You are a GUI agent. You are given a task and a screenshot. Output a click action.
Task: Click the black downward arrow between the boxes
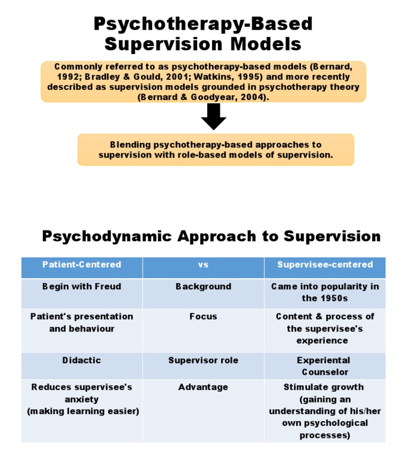[x=214, y=116]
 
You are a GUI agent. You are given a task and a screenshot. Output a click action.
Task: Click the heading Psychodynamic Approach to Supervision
[x=211, y=236]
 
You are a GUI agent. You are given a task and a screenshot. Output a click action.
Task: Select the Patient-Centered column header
[x=82, y=264]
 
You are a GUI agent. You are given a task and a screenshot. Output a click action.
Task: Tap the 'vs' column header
[x=203, y=264]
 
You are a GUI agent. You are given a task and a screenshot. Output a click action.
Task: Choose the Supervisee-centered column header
[x=325, y=264]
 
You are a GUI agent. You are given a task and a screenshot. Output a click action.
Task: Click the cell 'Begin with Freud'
[x=82, y=287]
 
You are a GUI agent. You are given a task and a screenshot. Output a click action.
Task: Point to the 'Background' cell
[x=203, y=287]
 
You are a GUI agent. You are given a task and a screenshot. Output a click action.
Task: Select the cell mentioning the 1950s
[x=325, y=292]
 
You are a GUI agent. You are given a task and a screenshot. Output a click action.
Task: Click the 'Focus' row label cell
[x=203, y=316]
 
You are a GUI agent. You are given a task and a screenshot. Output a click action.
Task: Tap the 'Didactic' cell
[x=82, y=360]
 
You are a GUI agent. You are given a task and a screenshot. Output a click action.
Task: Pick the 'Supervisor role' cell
[x=203, y=360]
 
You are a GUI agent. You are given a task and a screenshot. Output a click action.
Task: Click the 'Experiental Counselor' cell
[x=325, y=366]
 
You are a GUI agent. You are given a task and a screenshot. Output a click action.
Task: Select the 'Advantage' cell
[x=203, y=387]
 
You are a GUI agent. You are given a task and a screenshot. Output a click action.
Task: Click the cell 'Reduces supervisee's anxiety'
[x=82, y=399]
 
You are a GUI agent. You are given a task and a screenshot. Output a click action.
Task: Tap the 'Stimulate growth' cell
[x=325, y=411]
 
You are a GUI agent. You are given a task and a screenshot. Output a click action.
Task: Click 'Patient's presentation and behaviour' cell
[x=82, y=323]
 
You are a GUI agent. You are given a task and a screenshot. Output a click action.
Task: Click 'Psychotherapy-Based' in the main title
[x=203, y=24]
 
